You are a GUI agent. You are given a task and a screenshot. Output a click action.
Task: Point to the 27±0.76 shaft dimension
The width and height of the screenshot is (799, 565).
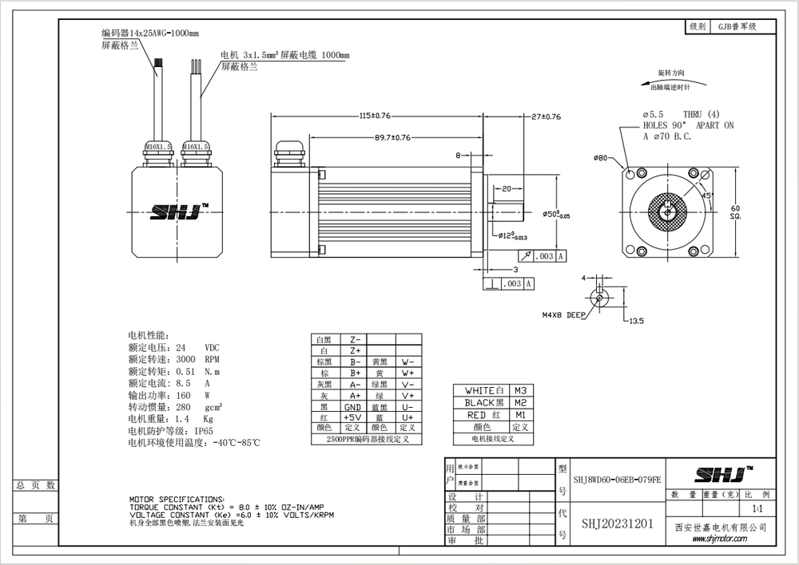pos(546,117)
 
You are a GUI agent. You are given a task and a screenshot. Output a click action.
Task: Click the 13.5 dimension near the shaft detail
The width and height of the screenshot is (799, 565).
pos(636,321)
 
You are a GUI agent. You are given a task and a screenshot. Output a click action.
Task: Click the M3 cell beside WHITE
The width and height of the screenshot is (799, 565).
pos(520,390)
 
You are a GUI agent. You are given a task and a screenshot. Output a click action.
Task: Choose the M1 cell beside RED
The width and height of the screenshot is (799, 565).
pos(520,416)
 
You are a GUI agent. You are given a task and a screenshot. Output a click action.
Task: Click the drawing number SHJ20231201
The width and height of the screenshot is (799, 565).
pos(618,524)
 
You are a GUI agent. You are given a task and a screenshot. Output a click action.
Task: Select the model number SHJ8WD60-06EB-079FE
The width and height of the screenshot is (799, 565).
pos(617,480)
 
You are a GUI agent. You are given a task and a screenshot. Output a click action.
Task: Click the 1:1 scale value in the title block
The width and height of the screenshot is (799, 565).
pos(757,508)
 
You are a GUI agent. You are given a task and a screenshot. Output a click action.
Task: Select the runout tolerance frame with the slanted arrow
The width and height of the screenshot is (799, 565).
pos(542,256)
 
